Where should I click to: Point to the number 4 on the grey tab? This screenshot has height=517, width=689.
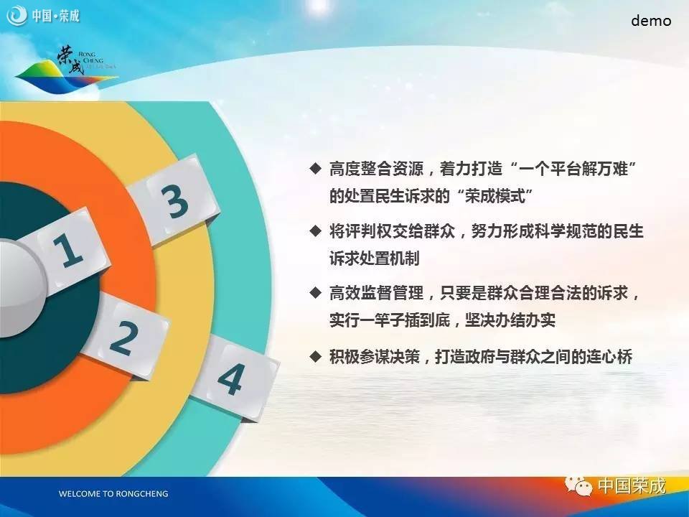tap(230, 379)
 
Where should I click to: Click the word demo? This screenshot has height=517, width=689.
tap(651, 21)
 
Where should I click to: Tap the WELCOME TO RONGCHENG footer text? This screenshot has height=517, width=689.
tap(113, 494)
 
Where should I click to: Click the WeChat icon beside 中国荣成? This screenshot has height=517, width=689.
tap(578, 486)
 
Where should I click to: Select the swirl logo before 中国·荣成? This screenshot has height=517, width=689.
tap(17, 15)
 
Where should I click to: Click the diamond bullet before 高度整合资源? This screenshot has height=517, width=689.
tap(316, 168)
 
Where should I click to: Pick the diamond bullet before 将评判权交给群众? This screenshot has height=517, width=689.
tap(316, 230)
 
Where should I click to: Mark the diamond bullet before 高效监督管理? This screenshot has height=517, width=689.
tap(316, 293)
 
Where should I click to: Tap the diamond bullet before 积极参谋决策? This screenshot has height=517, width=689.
tap(316, 356)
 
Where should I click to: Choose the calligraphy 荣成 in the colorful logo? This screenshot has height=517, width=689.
tap(70, 60)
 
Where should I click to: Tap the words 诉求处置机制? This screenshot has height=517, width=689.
tap(375, 258)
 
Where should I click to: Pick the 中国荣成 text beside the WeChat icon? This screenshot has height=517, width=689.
tap(632, 486)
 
